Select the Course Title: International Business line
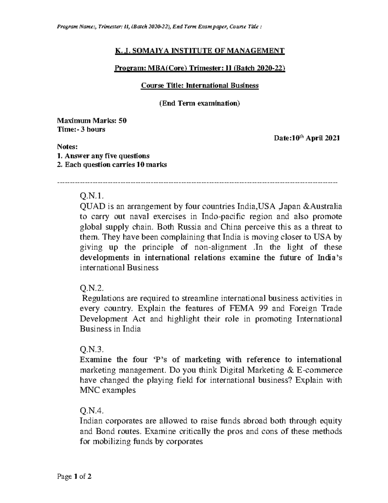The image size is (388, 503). [199, 86]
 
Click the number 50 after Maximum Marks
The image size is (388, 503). [123, 121]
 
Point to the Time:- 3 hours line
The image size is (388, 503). [81, 130]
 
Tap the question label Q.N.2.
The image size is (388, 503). [92, 288]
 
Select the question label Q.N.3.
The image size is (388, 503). [92, 349]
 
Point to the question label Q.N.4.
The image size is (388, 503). [92, 411]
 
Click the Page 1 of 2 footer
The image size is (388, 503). [74, 476]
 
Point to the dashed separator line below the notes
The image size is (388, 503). [197, 183]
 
